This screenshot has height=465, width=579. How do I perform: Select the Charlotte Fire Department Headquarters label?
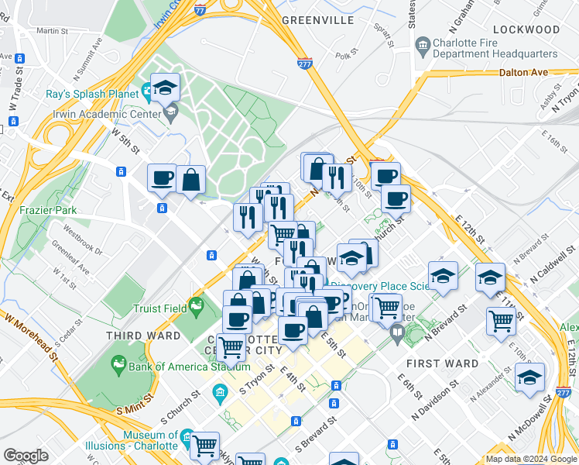496,48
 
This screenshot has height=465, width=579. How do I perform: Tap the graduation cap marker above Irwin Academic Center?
166,88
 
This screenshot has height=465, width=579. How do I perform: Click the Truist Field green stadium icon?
197,308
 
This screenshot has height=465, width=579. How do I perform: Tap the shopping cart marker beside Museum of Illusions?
204,446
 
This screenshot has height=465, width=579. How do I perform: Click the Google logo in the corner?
26,456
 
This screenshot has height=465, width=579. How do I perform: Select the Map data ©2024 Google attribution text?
531,459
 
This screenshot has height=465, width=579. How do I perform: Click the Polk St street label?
343,56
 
